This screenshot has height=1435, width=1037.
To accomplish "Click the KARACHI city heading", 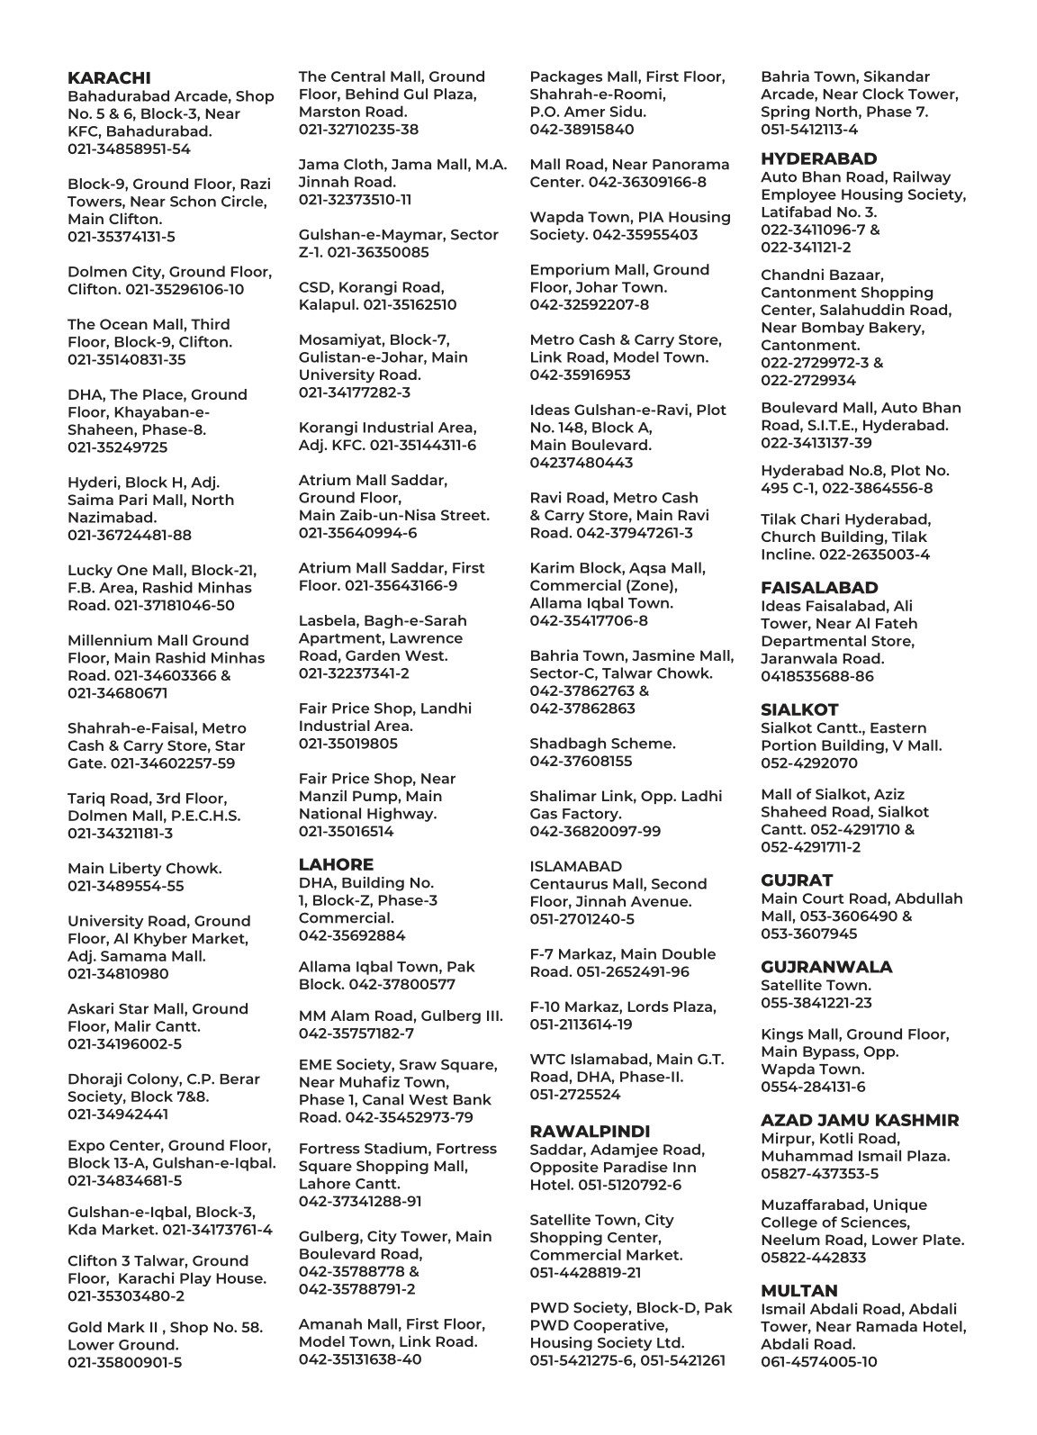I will click(109, 77).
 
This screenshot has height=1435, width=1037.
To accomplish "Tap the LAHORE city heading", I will click(336, 864).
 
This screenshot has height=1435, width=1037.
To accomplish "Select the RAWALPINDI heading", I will click(590, 1131).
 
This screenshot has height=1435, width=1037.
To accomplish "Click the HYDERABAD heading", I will click(818, 158).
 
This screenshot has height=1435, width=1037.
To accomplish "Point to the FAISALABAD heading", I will click(819, 588).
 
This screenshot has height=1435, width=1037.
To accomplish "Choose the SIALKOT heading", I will click(799, 709).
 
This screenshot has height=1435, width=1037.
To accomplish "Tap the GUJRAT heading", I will click(797, 880).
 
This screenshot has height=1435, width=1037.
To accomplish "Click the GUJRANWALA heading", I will click(826, 967).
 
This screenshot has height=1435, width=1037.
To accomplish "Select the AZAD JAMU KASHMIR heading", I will click(860, 1120).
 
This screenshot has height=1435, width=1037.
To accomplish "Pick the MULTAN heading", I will click(799, 1290).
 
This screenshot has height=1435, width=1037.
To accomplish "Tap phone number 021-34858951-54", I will click(129, 149).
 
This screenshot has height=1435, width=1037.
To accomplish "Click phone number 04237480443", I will click(581, 463).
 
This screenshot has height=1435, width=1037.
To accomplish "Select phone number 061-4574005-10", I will click(818, 1362).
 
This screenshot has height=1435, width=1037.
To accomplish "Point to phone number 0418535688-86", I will click(816, 676).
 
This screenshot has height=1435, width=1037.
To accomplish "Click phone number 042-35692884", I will click(352, 935).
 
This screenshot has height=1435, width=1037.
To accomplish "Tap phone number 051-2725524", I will click(574, 1095).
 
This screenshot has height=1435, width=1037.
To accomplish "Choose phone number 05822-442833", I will click(813, 1258).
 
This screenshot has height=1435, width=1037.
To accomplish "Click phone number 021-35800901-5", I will click(124, 1362).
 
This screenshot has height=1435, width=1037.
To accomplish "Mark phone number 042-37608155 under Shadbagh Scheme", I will click(581, 761).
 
